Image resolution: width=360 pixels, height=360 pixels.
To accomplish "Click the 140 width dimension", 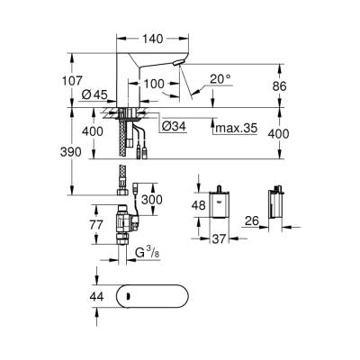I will (149, 40).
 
